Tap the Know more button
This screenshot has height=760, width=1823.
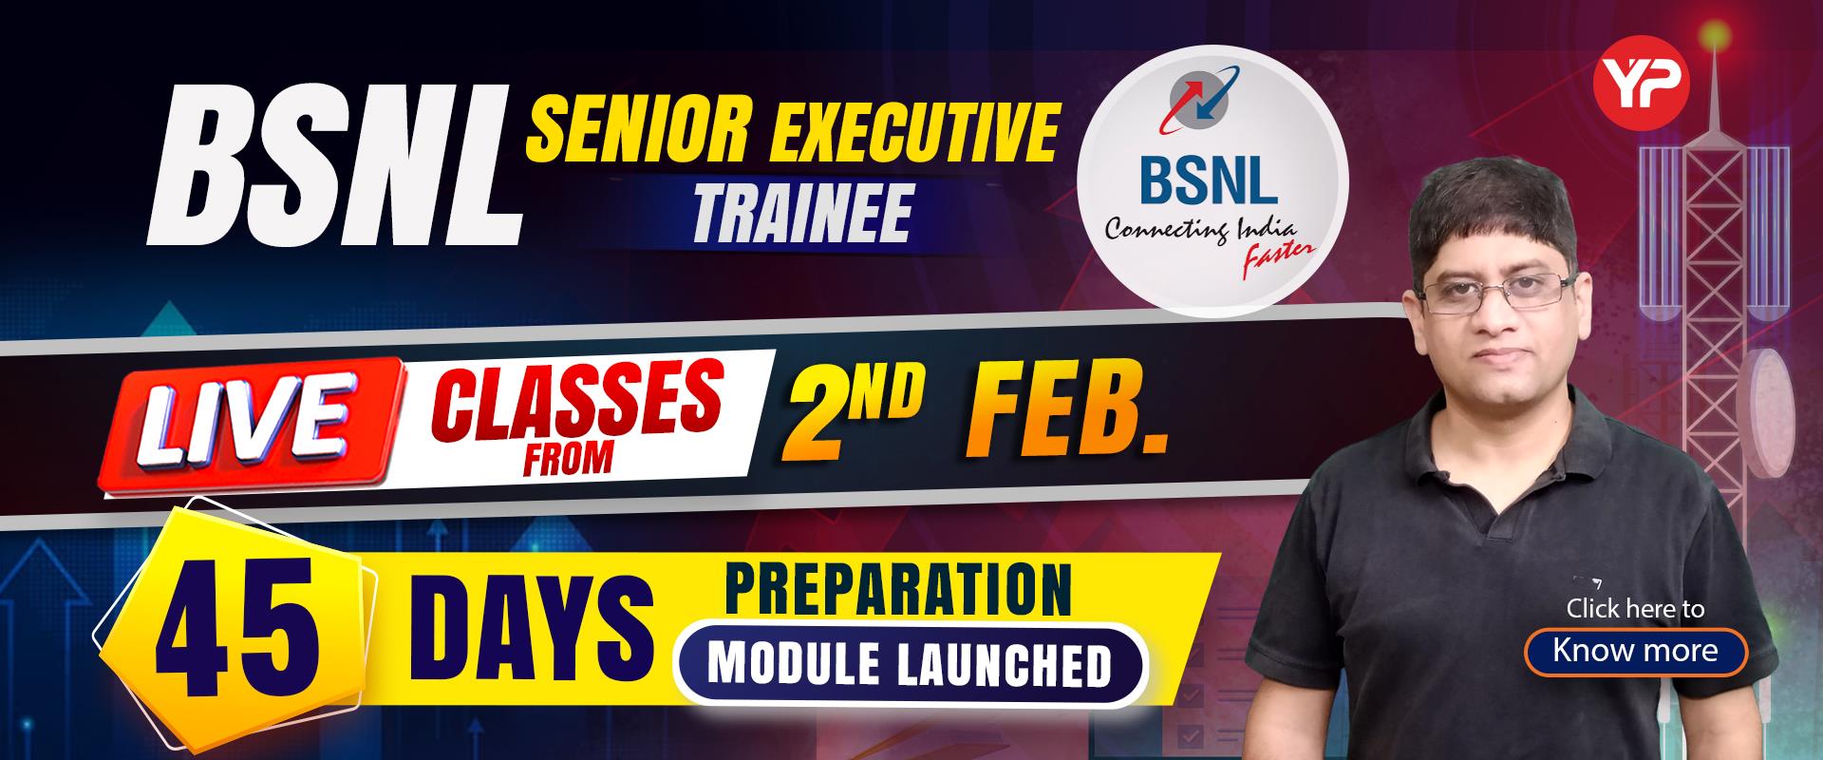[1635, 651]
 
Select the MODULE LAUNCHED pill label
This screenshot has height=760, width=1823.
[910, 666]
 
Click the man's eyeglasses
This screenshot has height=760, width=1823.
[1500, 292]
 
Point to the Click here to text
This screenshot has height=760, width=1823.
[1635, 609]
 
